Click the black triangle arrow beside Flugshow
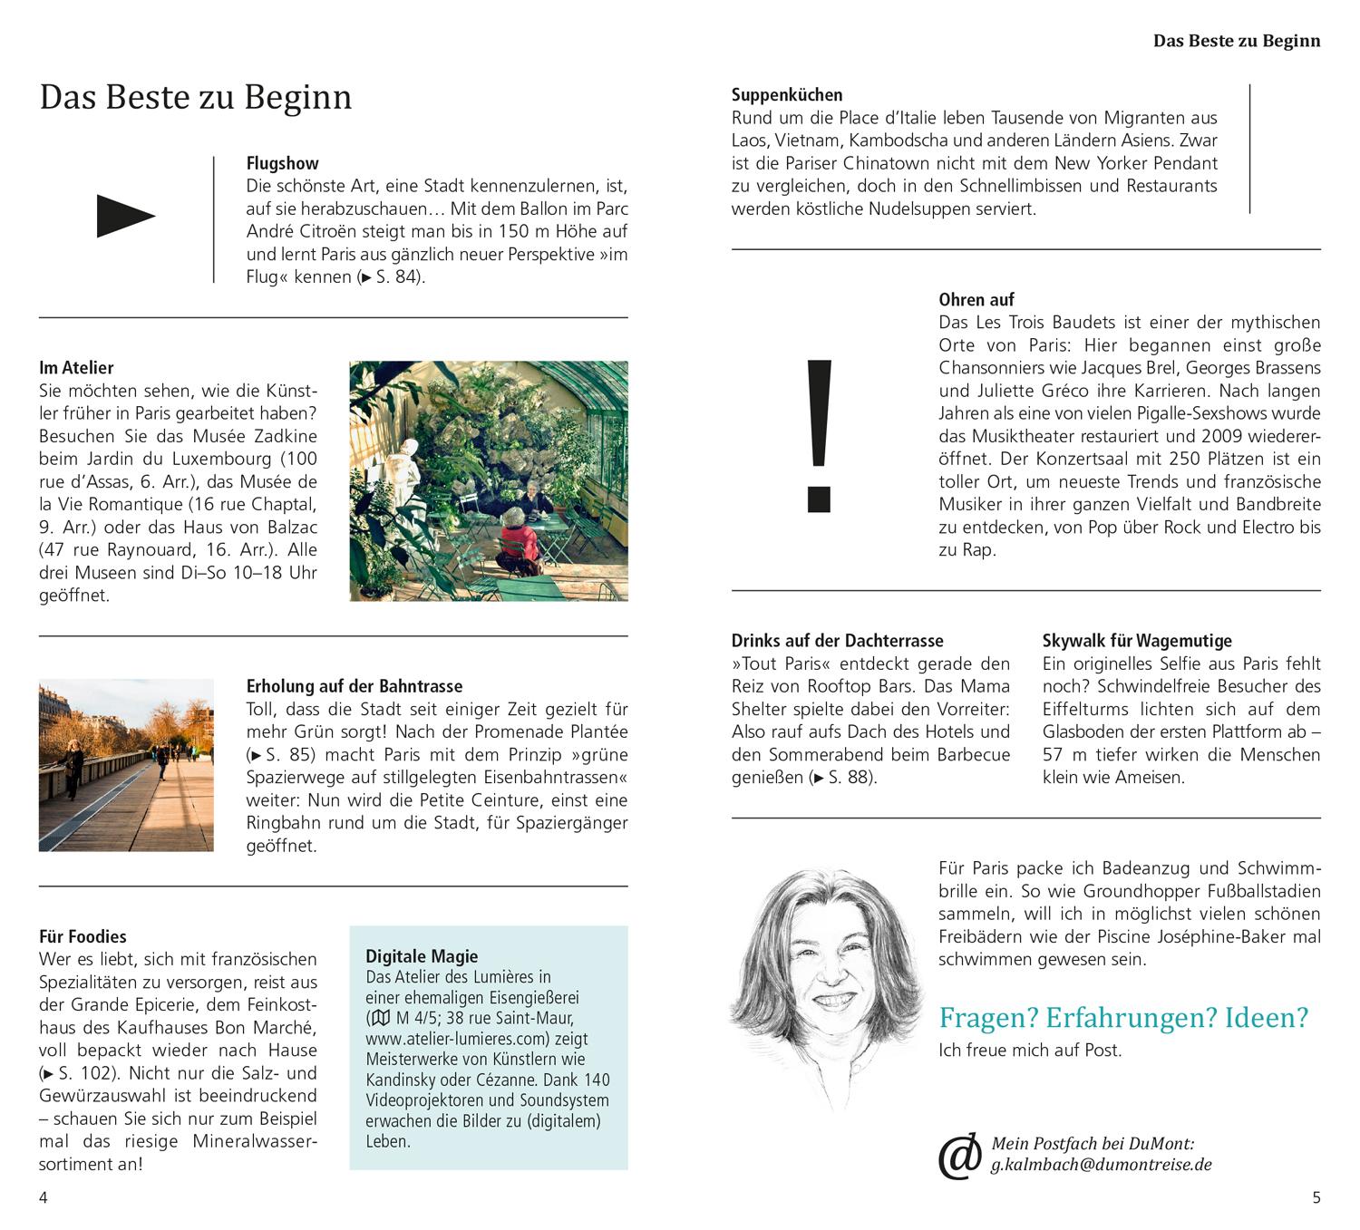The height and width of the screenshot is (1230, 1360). point(125,217)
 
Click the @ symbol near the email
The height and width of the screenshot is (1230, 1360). point(959,1156)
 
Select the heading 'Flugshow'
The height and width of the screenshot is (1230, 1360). point(282,163)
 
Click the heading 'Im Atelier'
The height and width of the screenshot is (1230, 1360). point(76,367)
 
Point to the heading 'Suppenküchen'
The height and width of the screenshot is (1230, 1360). point(786,94)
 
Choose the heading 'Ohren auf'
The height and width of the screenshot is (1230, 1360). point(976,299)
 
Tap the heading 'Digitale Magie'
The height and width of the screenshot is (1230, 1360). point(421,955)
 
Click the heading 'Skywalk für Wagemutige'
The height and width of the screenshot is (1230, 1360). point(1137,640)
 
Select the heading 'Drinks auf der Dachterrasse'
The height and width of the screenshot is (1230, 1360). point(837,640)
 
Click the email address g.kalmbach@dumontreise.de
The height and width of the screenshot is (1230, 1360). point(1101,1165)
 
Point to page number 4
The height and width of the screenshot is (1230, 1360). point(44,1197)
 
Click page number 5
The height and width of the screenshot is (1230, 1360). point(1316,1197)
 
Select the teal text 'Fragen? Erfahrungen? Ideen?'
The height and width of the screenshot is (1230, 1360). point(1123,1017)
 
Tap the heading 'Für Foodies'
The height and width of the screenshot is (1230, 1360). point(83,936)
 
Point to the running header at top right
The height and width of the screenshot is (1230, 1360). point(1236,41)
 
